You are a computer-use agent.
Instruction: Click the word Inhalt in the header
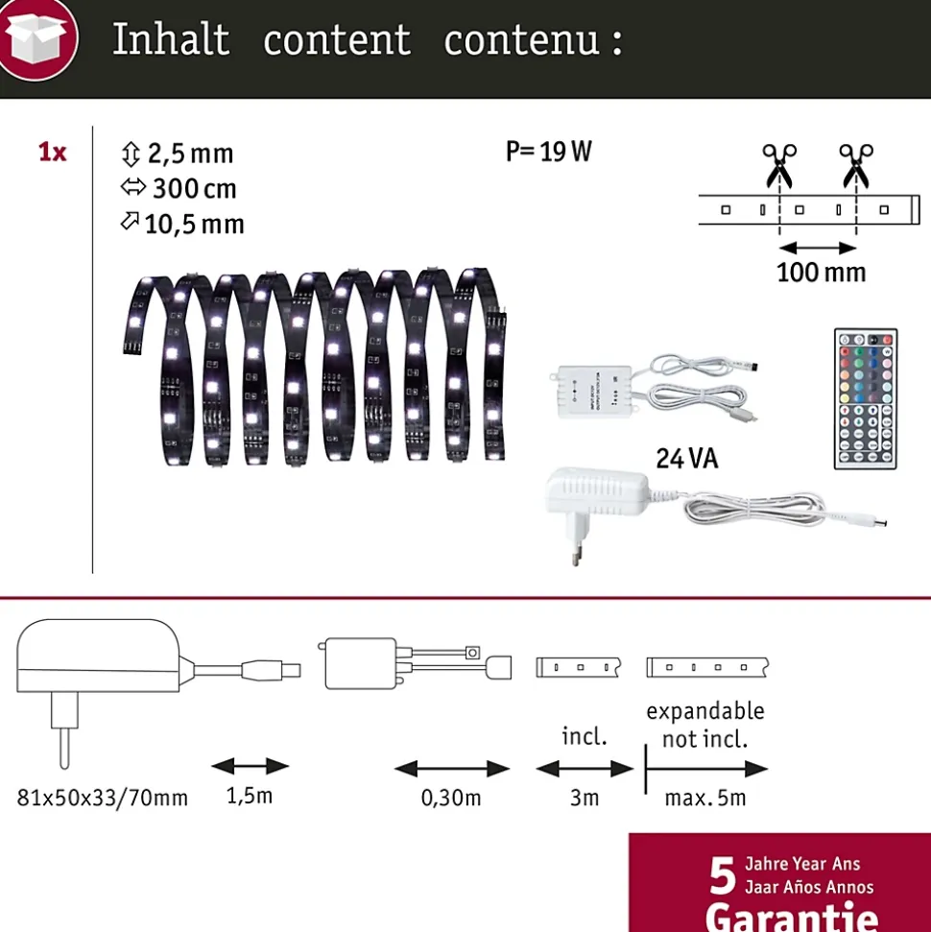coord(171,40)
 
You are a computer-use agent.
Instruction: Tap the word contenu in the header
coord(522,40)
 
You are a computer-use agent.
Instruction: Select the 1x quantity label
coord(52,152)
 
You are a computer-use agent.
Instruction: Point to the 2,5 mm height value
coord(189,154)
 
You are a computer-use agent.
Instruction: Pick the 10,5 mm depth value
coord(194,224)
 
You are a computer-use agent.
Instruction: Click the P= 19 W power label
coord(549,152)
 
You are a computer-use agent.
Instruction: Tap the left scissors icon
coord(778,165)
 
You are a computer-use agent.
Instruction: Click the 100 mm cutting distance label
coord(821,272)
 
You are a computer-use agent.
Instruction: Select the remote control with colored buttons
coord(865,398)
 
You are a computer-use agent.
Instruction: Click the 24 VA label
coord(687,459)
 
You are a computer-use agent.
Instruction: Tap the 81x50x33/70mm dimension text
coord(103,798)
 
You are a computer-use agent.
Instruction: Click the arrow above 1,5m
coord(250,766)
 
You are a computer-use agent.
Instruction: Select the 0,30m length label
coord(451,798)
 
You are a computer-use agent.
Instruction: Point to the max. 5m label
coord(705,798)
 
